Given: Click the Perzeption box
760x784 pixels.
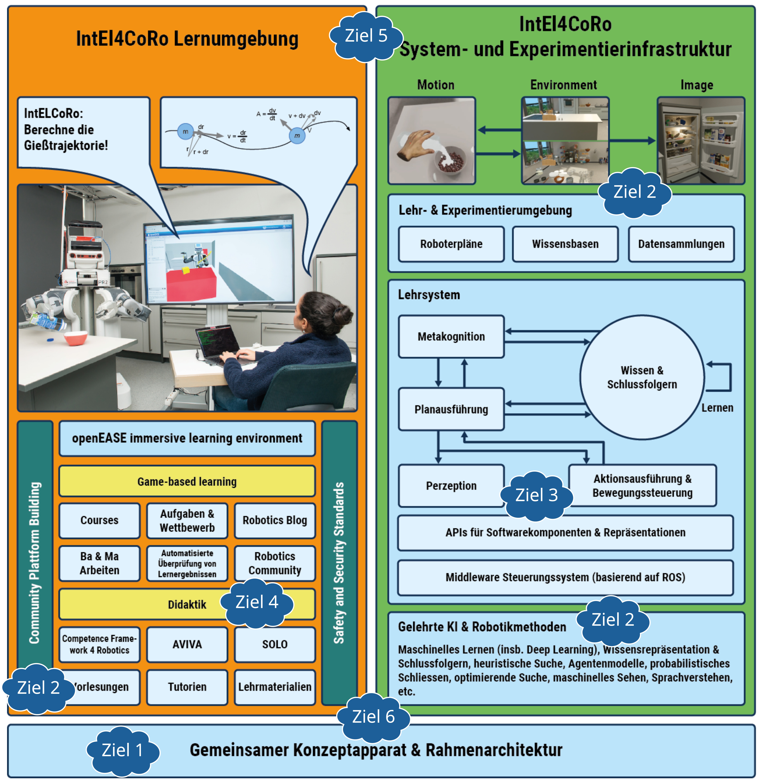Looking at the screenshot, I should (x=451, y=486).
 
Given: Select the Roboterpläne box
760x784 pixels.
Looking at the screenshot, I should (x=451, y=244).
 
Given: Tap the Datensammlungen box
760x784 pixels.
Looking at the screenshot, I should (x=681, y=244).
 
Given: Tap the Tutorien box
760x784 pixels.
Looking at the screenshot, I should (x=187, y=687).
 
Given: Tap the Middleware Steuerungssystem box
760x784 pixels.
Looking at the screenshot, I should (x=565, y=577).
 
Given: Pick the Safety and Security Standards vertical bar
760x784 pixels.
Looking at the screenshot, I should (x=339, y=562).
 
